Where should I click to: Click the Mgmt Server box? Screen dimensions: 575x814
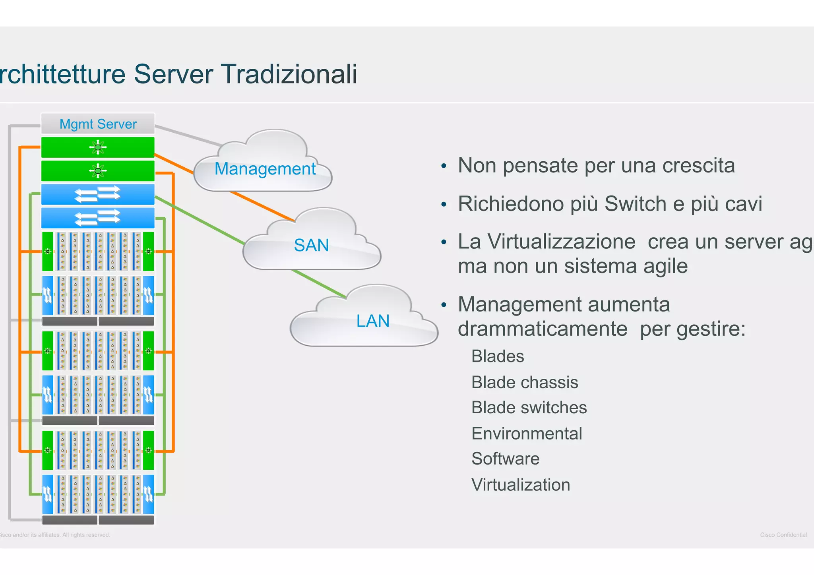click(x=98, y=124)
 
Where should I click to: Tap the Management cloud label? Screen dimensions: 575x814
click(x=265, y=169)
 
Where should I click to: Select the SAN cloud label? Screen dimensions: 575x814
click(x=311, y=245)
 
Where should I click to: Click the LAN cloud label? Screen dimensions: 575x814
click(x=372, y=321)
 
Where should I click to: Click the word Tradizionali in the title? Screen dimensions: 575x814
click(x=289, y=74)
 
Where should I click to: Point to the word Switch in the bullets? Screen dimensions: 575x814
click(x=634, y=204)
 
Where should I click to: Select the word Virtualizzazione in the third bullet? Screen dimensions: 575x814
click(x=547, y=242)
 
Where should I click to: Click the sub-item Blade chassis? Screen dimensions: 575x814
click(x=524, y=383)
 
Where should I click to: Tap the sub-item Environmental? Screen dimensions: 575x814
click(x=526, y=434)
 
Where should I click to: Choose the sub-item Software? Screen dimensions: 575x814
click(x=505, y=459)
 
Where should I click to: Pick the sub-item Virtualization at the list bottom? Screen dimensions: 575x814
click(x=520, y=485)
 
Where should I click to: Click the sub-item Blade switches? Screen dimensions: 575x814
click(x=529, y=408)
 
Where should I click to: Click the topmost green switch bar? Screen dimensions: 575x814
click(x=98, y=147)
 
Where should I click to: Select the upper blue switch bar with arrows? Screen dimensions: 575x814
click(x=98, y=194)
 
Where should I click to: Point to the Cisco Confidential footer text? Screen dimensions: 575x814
click(x=783, y=535)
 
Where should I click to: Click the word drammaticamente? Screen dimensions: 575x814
click(x=542, y=329)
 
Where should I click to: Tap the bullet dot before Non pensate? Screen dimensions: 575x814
click(x=444, y=166)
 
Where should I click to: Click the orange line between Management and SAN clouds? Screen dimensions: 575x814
click(x=262, y=206)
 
